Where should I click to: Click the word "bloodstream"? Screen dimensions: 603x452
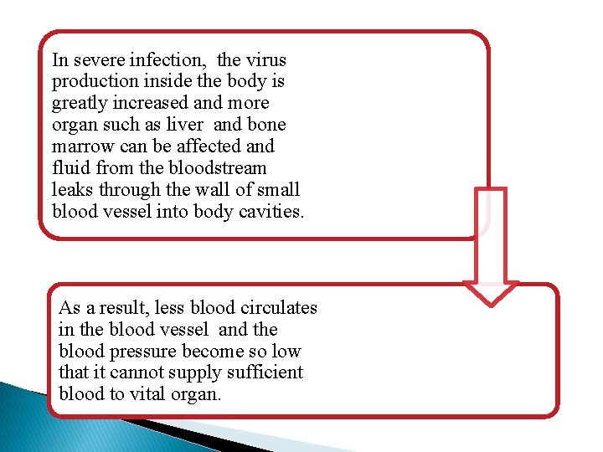217,167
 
